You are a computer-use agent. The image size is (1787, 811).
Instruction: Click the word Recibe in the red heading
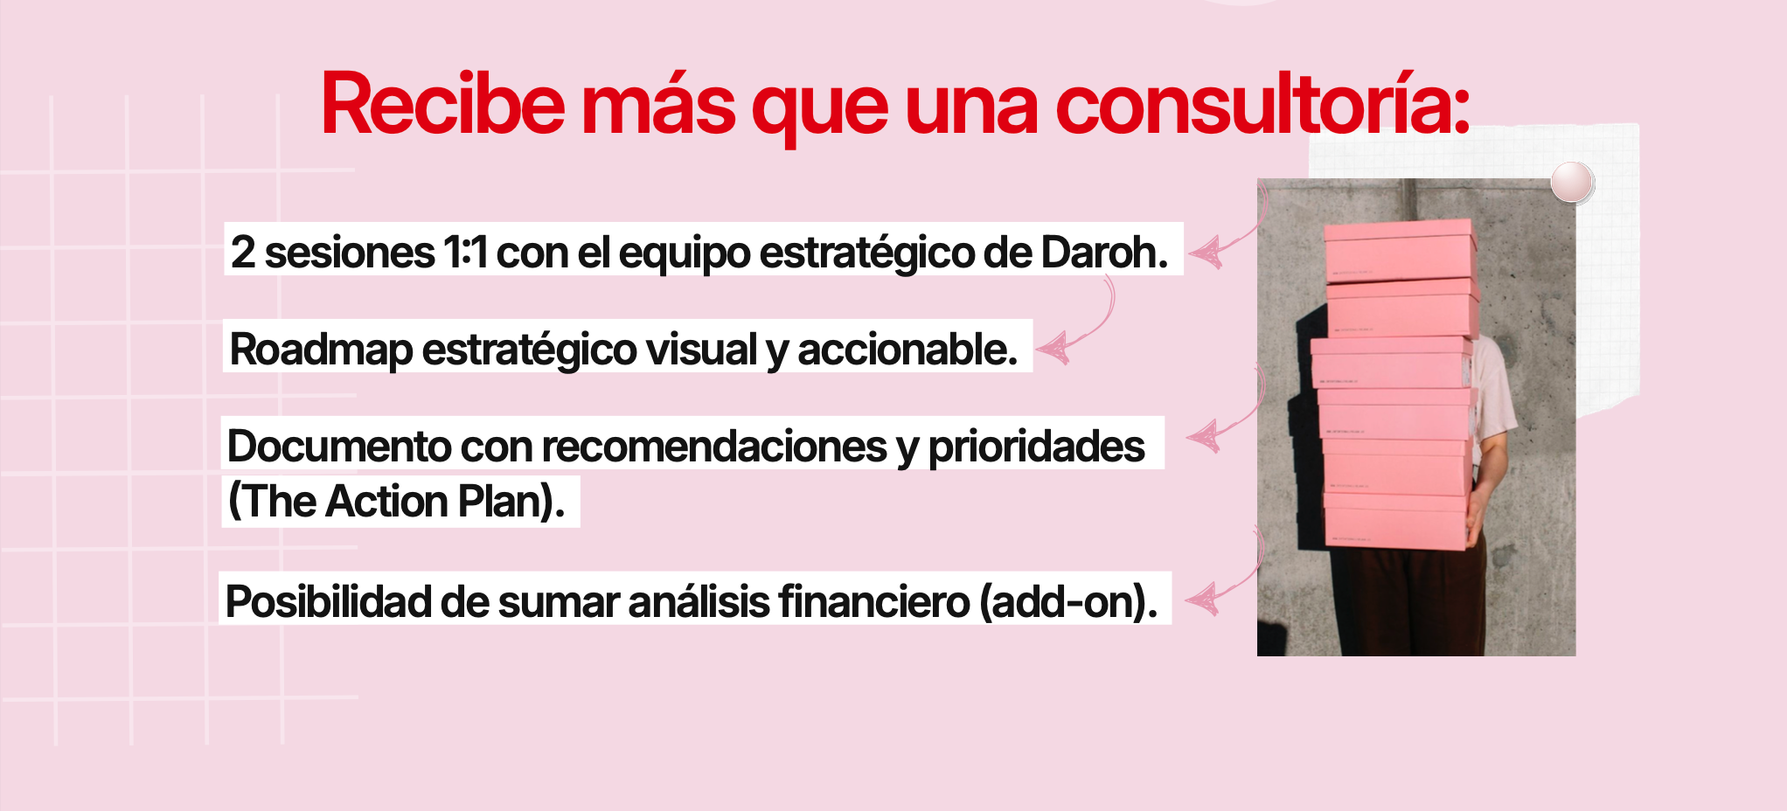point(443,105)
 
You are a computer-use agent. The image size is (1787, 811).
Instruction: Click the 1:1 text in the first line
point(465,253)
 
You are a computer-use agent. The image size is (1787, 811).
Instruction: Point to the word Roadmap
point(321,350)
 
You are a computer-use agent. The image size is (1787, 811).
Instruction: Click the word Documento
point(337,446)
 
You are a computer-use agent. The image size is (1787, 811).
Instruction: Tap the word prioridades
point(1036,447)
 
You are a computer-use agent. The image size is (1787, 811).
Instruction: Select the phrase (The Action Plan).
point(396,501)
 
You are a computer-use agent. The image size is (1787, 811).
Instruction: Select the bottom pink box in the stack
point(1396,522)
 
